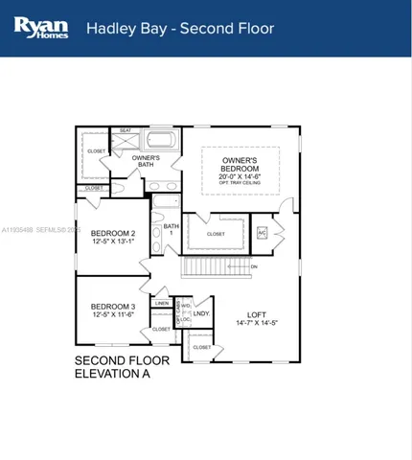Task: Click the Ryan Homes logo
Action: (x=38, y=28)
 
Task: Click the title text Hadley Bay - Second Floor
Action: (x=180, y=28)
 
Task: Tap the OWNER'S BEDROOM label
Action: (x=240, y=164)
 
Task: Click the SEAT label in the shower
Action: (x=126, y=130)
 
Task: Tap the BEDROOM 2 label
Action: (x=113, y=233)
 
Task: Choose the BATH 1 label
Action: (x=171, y=230)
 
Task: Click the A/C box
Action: (x=262, y=232)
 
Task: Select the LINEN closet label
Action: (x=162, y=303)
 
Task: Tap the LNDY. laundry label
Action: (x=201, y=313)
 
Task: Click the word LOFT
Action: (x=255, y=314)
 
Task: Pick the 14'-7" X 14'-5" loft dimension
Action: (x=255, y=324)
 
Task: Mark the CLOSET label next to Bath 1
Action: (x=216, y=233)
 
